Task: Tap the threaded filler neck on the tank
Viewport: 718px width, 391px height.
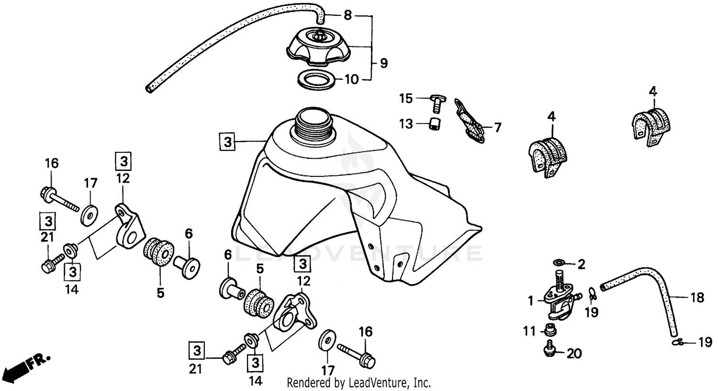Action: [x=312, y=126]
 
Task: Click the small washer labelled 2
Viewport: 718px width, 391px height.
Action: [x=558, y=263]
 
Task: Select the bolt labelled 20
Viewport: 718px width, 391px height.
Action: [x=550, y=351]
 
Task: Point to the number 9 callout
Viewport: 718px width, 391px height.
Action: [x=383, y=63]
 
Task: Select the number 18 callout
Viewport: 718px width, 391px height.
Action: [x=697, y=298]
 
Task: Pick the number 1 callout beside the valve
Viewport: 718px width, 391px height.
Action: [x=530, y=300]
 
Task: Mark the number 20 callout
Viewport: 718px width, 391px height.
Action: [x=574, y=354]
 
